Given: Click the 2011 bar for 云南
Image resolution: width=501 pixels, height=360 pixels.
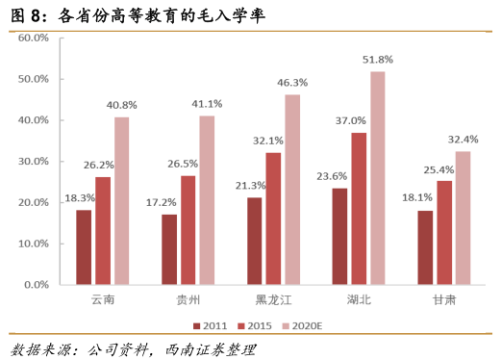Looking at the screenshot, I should point(84,247).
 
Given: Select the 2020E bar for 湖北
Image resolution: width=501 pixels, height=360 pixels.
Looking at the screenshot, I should point(377,178).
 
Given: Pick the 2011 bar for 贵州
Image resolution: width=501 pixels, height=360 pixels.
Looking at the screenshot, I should point(169,249).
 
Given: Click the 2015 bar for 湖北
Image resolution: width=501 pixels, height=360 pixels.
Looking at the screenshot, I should point(359,209).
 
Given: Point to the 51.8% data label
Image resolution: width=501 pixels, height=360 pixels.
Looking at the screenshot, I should point(378,60).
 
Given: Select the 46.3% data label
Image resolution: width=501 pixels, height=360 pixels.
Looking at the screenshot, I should point(292,83).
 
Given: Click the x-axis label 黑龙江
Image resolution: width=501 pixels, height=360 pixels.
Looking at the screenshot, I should point(273,301).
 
